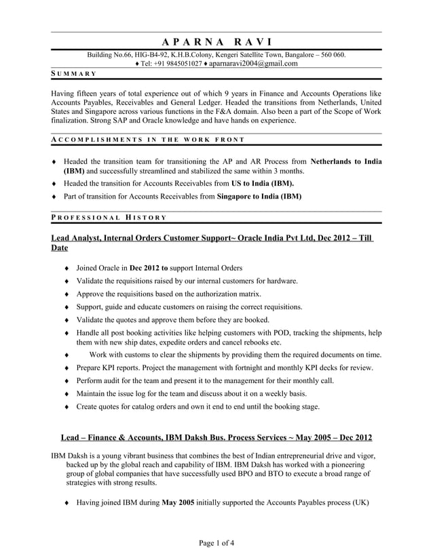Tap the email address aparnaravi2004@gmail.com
click(x=252, y=64)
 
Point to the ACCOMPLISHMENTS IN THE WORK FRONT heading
click(x=148, y=140)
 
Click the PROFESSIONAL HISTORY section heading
click(x=109, y=217)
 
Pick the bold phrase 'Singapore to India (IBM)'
click(x=259, y=196)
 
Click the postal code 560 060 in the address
click(x=331, y=54)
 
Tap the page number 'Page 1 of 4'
click(x=216, y=543)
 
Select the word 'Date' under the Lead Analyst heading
click(x=60, y=249)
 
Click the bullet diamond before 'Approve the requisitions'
click(x=66, y=294)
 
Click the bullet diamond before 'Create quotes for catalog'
click(x=66, y=407)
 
